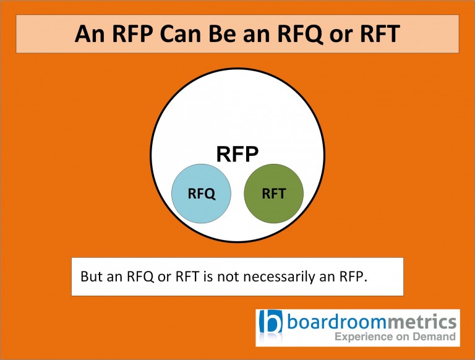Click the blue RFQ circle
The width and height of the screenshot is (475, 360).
point(202,194)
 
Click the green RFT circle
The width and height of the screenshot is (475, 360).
point(274,194)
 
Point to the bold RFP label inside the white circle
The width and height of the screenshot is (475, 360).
point(237,154)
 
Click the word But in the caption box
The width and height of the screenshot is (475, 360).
point(93,276)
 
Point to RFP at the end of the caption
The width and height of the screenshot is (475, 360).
point(353,276)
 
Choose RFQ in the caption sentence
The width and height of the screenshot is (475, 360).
point(142,276)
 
